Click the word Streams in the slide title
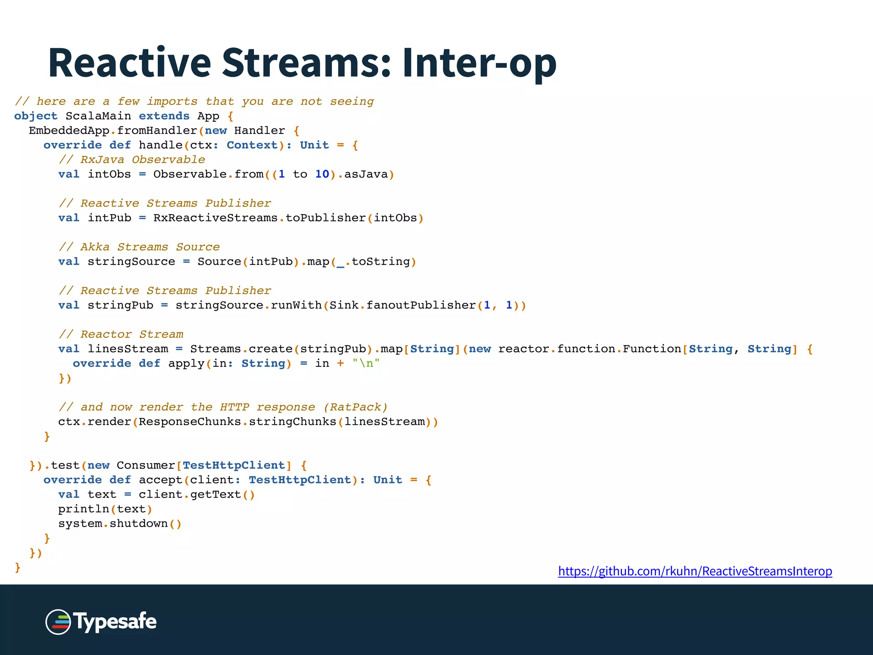(306, 63)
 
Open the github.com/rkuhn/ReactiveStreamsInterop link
(695, 571)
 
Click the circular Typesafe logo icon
(58, 622)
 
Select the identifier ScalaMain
(98, 116)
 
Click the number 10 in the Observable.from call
(322, 174)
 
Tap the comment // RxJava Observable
(132, 159)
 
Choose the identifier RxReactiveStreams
(215, 218)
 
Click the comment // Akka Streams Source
(139, 247)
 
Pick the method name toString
(380, 261)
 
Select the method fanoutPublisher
(421, 305)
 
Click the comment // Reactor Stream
(121, 334)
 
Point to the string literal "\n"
(366, 363)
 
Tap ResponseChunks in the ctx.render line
(190, 422)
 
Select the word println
(84, 509)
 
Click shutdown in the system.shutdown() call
(139, 524)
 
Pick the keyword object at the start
(36, 116)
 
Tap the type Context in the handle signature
(252, 145)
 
